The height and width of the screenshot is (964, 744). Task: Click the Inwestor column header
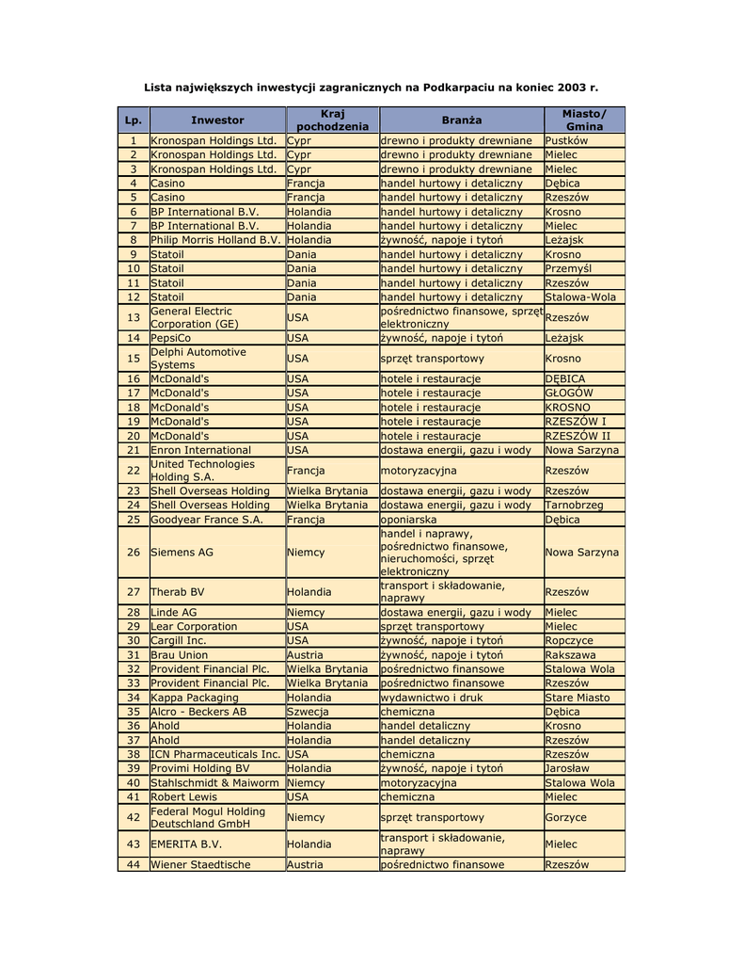click(217, 120)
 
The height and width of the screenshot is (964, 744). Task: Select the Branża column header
click(461, 120)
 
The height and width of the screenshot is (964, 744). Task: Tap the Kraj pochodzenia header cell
click(332, 120)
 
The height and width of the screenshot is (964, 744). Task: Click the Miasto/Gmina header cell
click(584, 120)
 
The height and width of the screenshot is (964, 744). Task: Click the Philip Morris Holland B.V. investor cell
click(215, 240)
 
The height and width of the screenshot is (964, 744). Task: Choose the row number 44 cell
click(133, 864)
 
